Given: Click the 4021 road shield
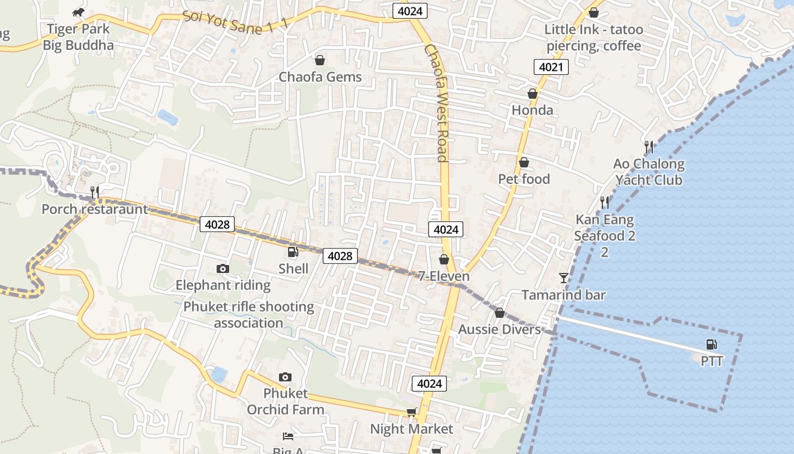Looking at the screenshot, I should click(551, 67).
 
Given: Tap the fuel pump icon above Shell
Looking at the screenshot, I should click(293, 252).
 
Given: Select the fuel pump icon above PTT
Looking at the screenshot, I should click(711, 344).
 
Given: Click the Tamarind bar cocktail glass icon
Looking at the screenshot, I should click(563, 278).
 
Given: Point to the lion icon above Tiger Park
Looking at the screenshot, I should click(79, 12).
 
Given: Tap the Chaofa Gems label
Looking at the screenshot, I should click(320, 77).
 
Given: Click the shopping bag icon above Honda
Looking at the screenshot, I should click(532, 94).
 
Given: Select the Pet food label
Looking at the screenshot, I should click(523, 179).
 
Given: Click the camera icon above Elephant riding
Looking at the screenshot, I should click(223, 268).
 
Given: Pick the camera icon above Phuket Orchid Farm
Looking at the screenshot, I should click(285, 377).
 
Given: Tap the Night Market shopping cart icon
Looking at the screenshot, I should click(411, 413).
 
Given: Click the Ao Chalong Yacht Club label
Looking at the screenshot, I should click(649, 172).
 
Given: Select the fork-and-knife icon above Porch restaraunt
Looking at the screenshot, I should click(95, 192).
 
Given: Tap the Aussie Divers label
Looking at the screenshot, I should click(499, 329).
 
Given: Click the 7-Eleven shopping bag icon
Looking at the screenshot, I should click(444, 259).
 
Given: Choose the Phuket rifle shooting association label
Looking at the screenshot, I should click(248, 314).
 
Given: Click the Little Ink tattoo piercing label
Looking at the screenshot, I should click(593, 37).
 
